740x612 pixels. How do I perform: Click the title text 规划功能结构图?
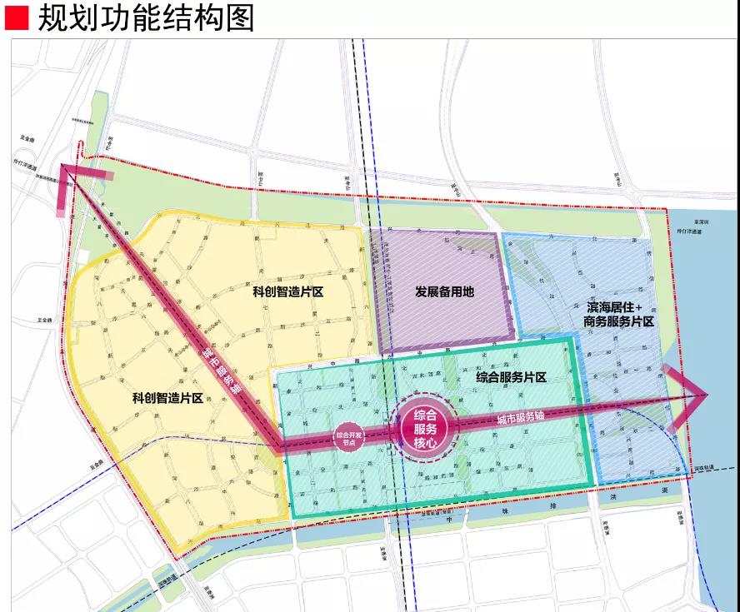147,17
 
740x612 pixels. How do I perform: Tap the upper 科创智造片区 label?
288,292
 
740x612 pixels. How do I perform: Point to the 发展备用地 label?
444,291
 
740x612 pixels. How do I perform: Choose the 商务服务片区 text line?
618,321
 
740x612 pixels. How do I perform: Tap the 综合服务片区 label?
511,377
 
